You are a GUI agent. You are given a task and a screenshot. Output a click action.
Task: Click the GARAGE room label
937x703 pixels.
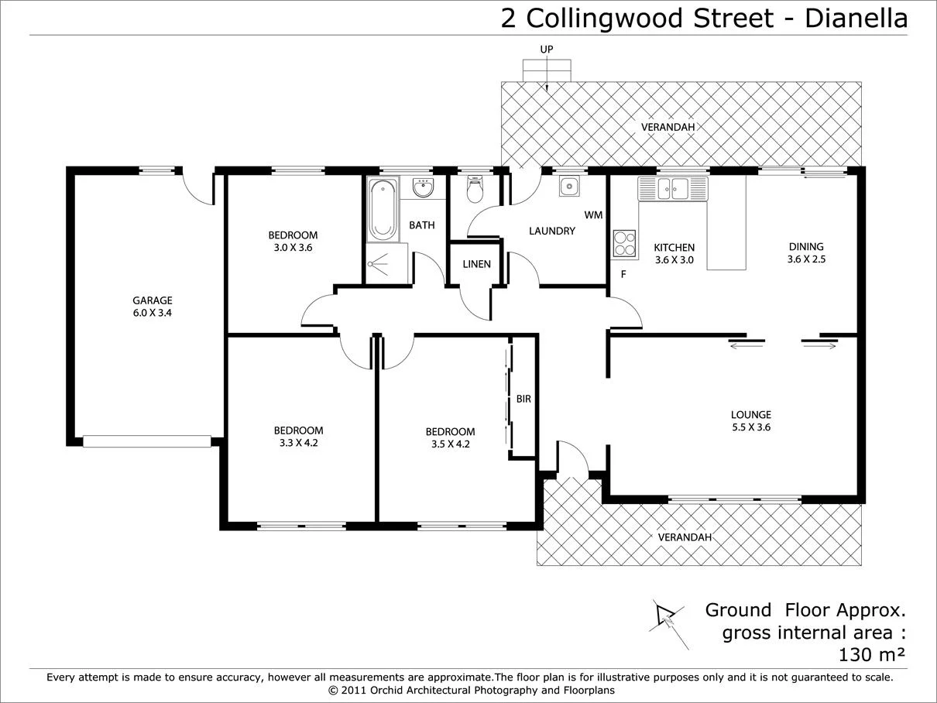(x=152, y=300)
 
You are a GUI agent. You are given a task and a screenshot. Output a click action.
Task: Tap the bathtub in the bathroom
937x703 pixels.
(x=382, y=209)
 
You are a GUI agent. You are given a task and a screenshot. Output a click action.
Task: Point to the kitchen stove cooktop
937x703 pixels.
(x=624, y=243)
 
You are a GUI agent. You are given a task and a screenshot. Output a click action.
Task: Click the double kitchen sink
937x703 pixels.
(x=671, y=188)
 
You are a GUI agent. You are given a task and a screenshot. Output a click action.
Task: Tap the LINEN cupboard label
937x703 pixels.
(x=476, y=264)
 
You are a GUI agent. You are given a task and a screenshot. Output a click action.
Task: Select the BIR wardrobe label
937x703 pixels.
(x=523, y=400)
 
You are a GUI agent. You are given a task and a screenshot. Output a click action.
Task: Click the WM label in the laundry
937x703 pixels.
(x=593, y=215)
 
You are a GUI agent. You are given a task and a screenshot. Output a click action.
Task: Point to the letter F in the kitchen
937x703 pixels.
(x=623, y=274)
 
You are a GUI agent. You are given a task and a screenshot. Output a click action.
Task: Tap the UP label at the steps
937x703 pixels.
(x=547, y=50)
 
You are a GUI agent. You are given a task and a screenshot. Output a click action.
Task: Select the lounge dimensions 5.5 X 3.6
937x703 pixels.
(x=751, y=427)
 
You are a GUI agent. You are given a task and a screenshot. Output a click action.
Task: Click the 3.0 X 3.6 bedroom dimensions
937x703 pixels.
(x=292, y=248)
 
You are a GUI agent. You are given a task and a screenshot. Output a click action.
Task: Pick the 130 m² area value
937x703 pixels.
(x=873, y=655)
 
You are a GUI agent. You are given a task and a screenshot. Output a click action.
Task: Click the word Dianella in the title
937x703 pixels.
(x=856, y=18)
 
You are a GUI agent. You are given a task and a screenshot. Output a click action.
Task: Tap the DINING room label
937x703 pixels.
(x=806, y=247)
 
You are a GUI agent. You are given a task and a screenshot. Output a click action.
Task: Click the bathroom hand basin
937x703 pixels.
(x=423, y=188)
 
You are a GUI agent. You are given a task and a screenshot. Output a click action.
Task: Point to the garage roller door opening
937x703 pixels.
(x=146, y=441)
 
